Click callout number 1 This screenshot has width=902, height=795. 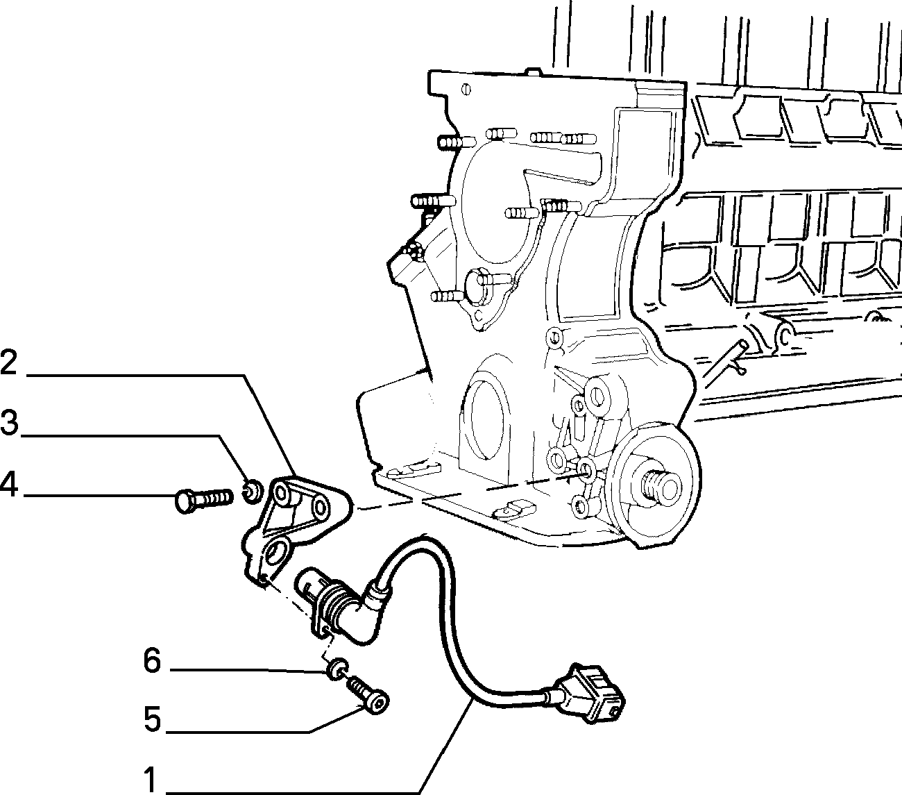151,778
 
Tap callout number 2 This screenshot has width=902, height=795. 9,362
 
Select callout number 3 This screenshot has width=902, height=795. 9,422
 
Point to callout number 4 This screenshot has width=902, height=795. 9,484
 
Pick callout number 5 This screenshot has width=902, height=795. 152,719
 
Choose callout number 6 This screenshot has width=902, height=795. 152,660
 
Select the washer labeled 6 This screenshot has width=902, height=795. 337,669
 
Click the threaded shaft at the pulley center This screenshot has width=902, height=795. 661,488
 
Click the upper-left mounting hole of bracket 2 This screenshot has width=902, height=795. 281,493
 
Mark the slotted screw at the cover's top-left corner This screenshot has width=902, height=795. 466,90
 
